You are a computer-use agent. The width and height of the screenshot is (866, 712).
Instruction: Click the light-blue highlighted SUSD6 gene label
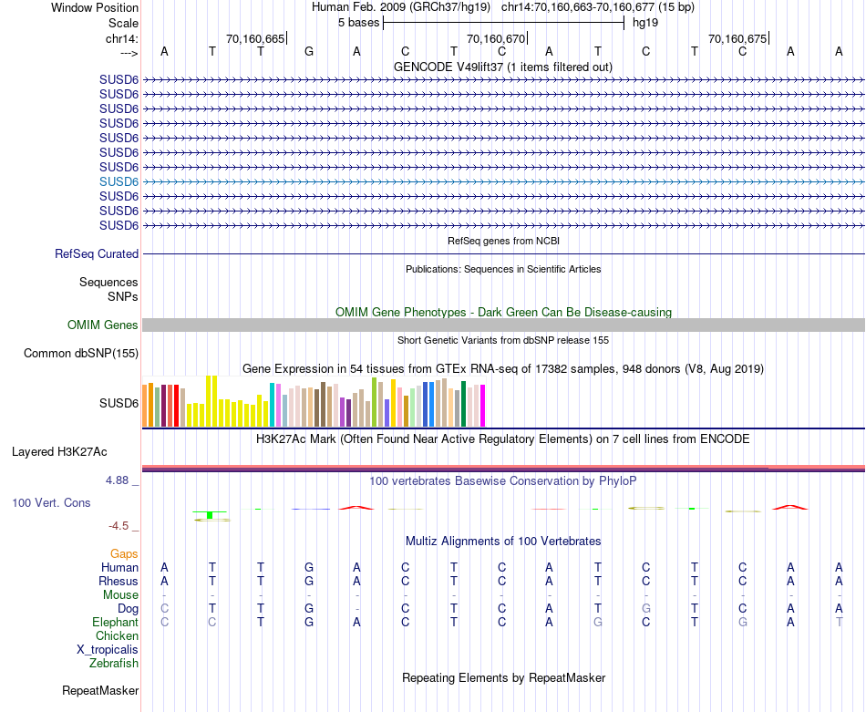click(119, 181)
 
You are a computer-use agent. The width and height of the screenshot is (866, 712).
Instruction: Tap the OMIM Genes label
click(103, 325)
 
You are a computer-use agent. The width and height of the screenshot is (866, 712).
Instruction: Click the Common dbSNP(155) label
click(81, 354)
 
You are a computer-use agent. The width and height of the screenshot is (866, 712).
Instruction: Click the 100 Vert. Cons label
click(52, 502)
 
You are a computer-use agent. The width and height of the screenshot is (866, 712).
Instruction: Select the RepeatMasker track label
click(100, 691)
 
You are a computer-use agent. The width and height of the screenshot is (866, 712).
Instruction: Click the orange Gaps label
click(124, 553)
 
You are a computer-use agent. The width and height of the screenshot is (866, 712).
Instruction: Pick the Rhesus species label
click(119, 581)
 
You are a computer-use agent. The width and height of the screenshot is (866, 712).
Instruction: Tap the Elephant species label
click(116, 622)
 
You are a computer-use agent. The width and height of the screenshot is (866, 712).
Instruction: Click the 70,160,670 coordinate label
click(496, 39)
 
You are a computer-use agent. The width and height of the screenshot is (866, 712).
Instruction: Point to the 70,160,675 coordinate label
click(737, 39)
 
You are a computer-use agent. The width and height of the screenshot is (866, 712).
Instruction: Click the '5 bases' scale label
click(358, 22)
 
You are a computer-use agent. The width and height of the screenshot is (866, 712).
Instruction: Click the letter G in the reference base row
click(309, 51)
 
